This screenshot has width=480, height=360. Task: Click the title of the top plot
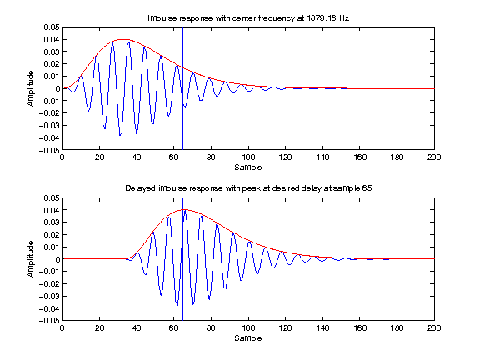pos(247,17)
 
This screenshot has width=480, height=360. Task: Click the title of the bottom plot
pos(247,188)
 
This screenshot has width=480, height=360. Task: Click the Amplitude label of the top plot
pos(31,89)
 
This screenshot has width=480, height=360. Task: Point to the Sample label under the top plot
pos(247,167)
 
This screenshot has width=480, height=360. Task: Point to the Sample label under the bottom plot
pos(247,337)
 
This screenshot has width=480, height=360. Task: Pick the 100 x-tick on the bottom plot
pos(247,329)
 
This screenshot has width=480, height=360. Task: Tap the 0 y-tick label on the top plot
pos(57,88)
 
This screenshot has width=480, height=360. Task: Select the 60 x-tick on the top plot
pos(173,158)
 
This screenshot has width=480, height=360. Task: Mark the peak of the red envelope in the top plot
pos(122,39)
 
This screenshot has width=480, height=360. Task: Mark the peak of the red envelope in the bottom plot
pos(183,210)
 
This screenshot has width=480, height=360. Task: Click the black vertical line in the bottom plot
pos(183,283)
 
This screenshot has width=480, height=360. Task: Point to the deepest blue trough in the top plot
pos(120,135)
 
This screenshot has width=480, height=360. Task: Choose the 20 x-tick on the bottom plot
pos(99,329)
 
